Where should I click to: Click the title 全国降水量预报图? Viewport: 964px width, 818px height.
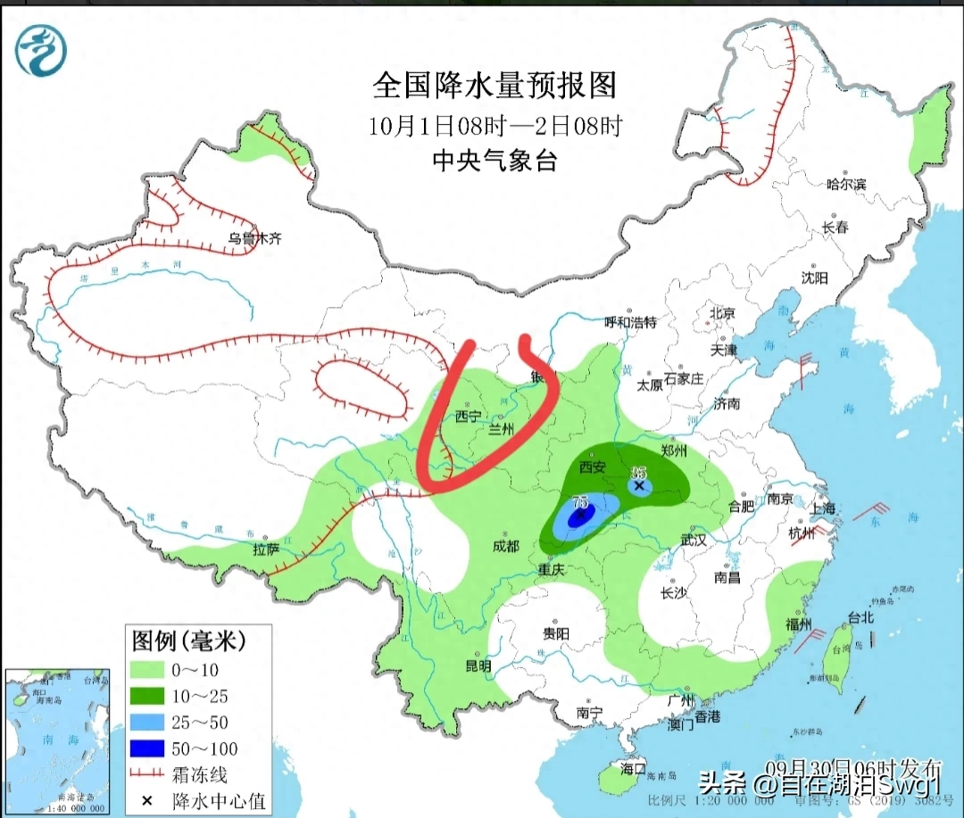[x=494, y=86]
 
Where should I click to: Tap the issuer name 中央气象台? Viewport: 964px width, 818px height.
[x=494, y=161]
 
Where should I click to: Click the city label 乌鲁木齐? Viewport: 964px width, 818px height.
[x=254, y=239]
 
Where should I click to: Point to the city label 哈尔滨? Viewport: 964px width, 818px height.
[x=845, y=185]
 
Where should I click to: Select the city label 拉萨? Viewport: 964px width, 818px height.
[x=266, y=549]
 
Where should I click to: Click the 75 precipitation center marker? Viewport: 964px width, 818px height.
[x=580, y=514]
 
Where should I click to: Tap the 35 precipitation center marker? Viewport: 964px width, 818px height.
[x=639, y=485]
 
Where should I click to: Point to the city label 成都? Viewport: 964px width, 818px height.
[x=505, y=546]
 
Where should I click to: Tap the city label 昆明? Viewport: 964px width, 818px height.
[x=478, y=665]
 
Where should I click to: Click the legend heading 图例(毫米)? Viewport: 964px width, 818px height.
[x=188, y=640]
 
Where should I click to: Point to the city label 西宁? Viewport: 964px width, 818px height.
[x=468, y=417]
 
